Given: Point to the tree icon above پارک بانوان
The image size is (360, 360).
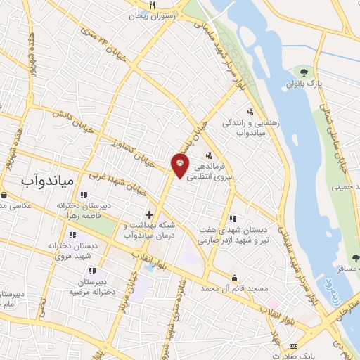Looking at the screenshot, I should [x=304, y=72].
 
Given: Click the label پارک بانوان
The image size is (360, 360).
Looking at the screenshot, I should [x=304, y=84].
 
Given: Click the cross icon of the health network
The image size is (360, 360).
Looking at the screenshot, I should [x=149, y=214].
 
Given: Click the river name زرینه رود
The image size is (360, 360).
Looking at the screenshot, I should [x=328, y=291].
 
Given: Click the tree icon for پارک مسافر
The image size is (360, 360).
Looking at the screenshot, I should [x=356, y=257].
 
